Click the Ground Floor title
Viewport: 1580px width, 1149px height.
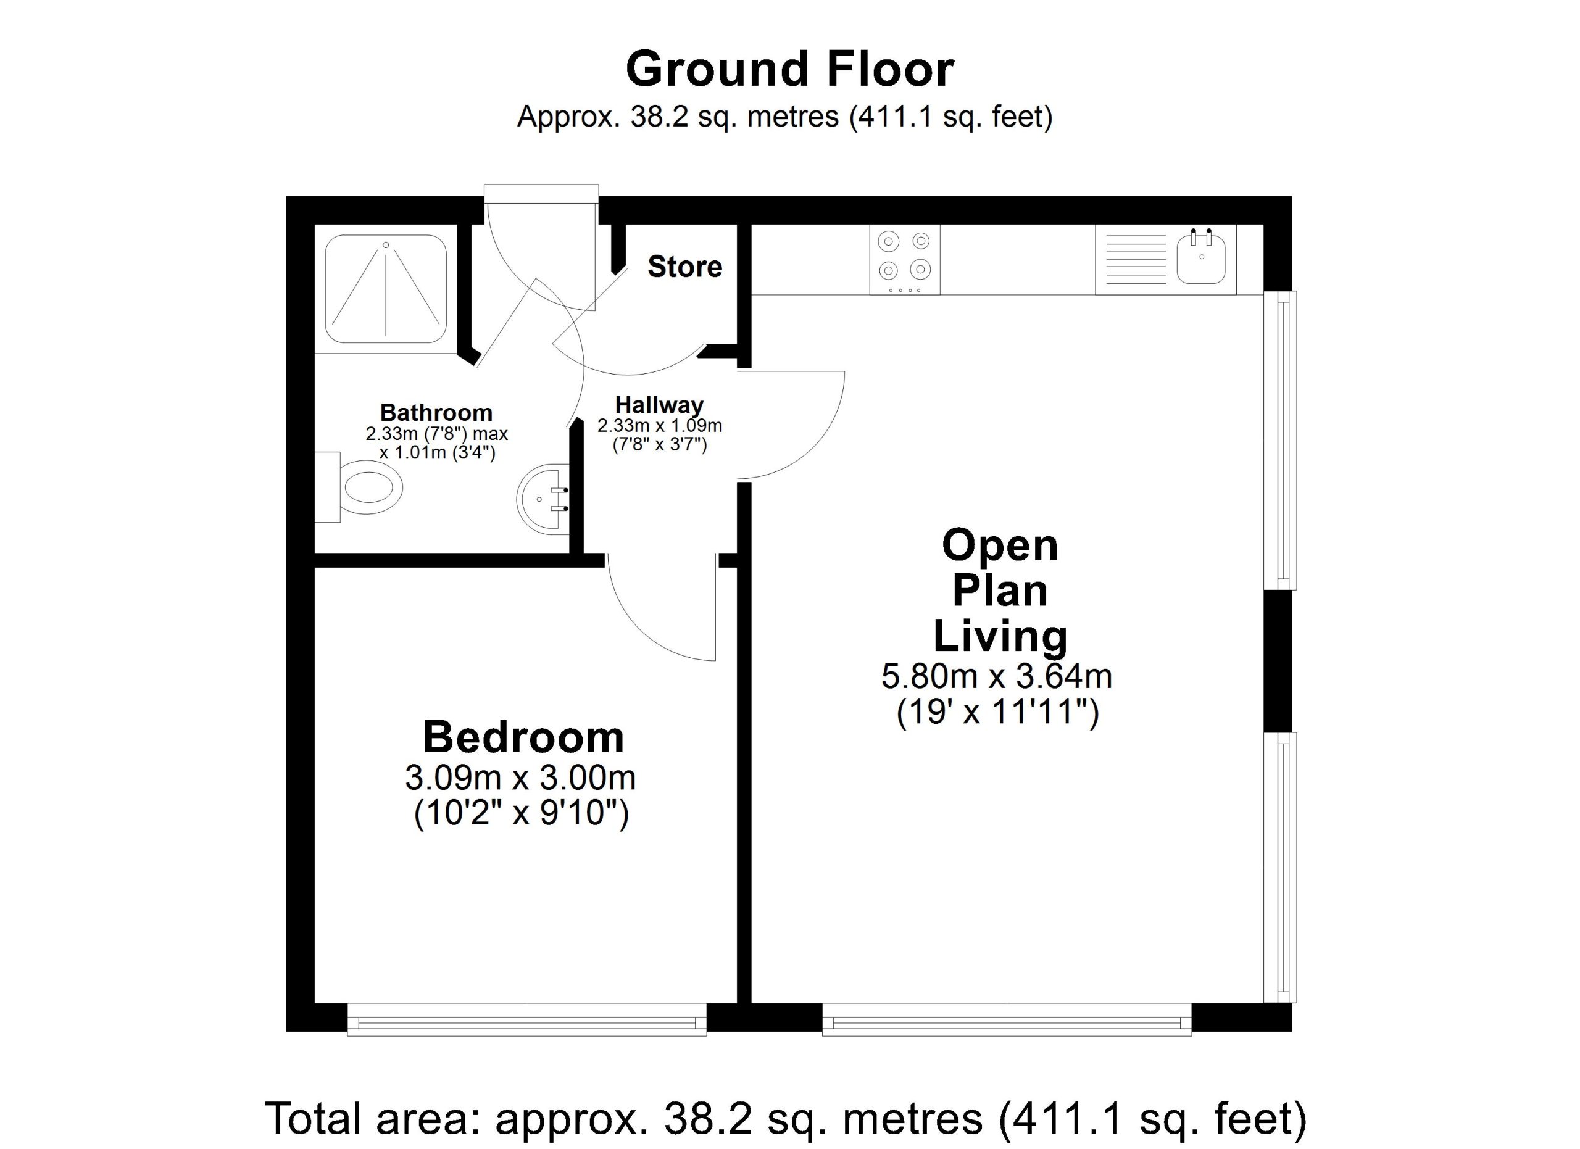(x=789, y=69)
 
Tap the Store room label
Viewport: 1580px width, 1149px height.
(x=685, y=267)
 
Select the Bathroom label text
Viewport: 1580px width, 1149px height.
(x=436, y=412)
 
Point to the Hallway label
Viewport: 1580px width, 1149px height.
(x=659, y=405)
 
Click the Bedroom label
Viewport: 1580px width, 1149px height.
(x=523, y=737)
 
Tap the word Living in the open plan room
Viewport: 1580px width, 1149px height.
(x=1000, y=636)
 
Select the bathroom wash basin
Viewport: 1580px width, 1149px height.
(x=543, y=499)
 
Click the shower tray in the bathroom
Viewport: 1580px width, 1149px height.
(x=386, y=289)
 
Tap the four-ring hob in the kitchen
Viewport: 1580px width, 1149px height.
(x=904, y=259)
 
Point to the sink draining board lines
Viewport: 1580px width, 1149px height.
(x=1136, y=259)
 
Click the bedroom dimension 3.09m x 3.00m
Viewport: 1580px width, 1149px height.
(x=520, y=778)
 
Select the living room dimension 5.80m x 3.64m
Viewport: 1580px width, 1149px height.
(x=997, y=676)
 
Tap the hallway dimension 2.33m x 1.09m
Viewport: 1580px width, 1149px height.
(x=660, y=426)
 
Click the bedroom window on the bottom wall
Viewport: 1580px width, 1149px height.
(x=526, y=1019)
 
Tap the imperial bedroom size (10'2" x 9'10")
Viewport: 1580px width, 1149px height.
(x=521, y=813)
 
